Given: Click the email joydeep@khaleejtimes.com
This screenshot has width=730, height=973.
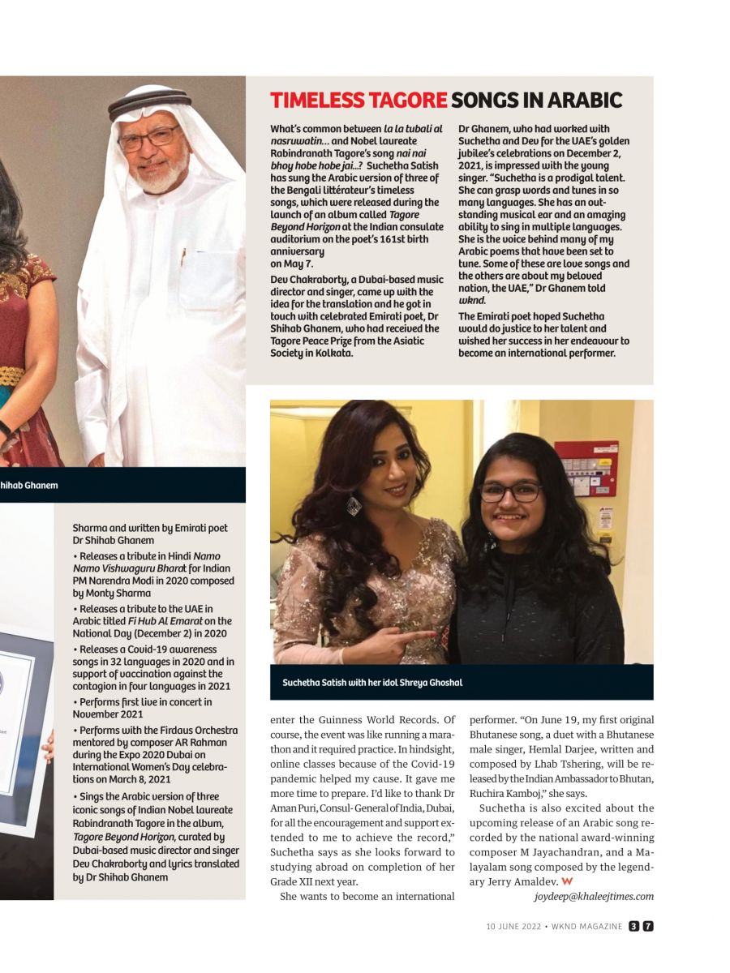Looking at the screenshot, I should tap(594, 896).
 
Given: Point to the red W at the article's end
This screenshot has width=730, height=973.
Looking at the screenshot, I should tap(567, 881).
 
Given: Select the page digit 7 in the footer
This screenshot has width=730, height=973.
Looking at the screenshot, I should tap(648, 926).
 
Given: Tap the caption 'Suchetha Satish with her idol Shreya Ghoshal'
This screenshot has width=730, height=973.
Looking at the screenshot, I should tap(372, 683).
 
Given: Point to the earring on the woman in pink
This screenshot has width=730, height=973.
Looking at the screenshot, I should tap(354, 506).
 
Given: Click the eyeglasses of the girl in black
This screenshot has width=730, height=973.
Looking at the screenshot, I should tap(510, 491).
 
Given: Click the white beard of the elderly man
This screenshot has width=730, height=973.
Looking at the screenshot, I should tap(165, 175).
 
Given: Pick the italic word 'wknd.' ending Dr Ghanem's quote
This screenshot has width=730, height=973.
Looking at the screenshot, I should tap(472, 300).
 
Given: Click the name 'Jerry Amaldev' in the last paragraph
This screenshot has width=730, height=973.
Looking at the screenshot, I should tap(521, 881).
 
